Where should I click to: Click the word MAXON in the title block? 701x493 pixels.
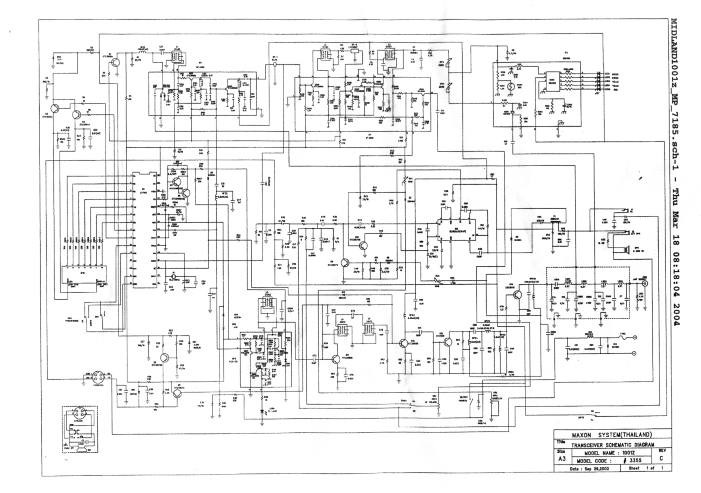(581, 435)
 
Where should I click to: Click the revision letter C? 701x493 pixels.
(661, 458)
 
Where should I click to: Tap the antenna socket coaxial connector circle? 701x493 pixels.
(644, 283)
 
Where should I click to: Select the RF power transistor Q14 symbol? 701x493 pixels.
(517, 295)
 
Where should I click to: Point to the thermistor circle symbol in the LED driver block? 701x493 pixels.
(511, 86)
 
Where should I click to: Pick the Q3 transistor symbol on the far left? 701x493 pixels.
(55, 108)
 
